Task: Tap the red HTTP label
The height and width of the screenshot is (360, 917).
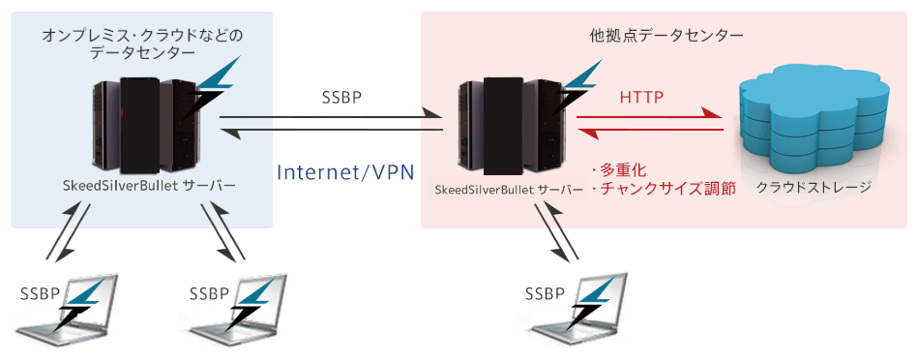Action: (641, 97)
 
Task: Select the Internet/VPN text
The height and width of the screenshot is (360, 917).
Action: (345, 172)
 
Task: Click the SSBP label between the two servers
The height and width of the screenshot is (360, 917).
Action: (343, 99)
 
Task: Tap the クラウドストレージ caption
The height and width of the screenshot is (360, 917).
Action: (813, 187)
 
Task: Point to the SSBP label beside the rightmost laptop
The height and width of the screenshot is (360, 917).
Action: (544, 293)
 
